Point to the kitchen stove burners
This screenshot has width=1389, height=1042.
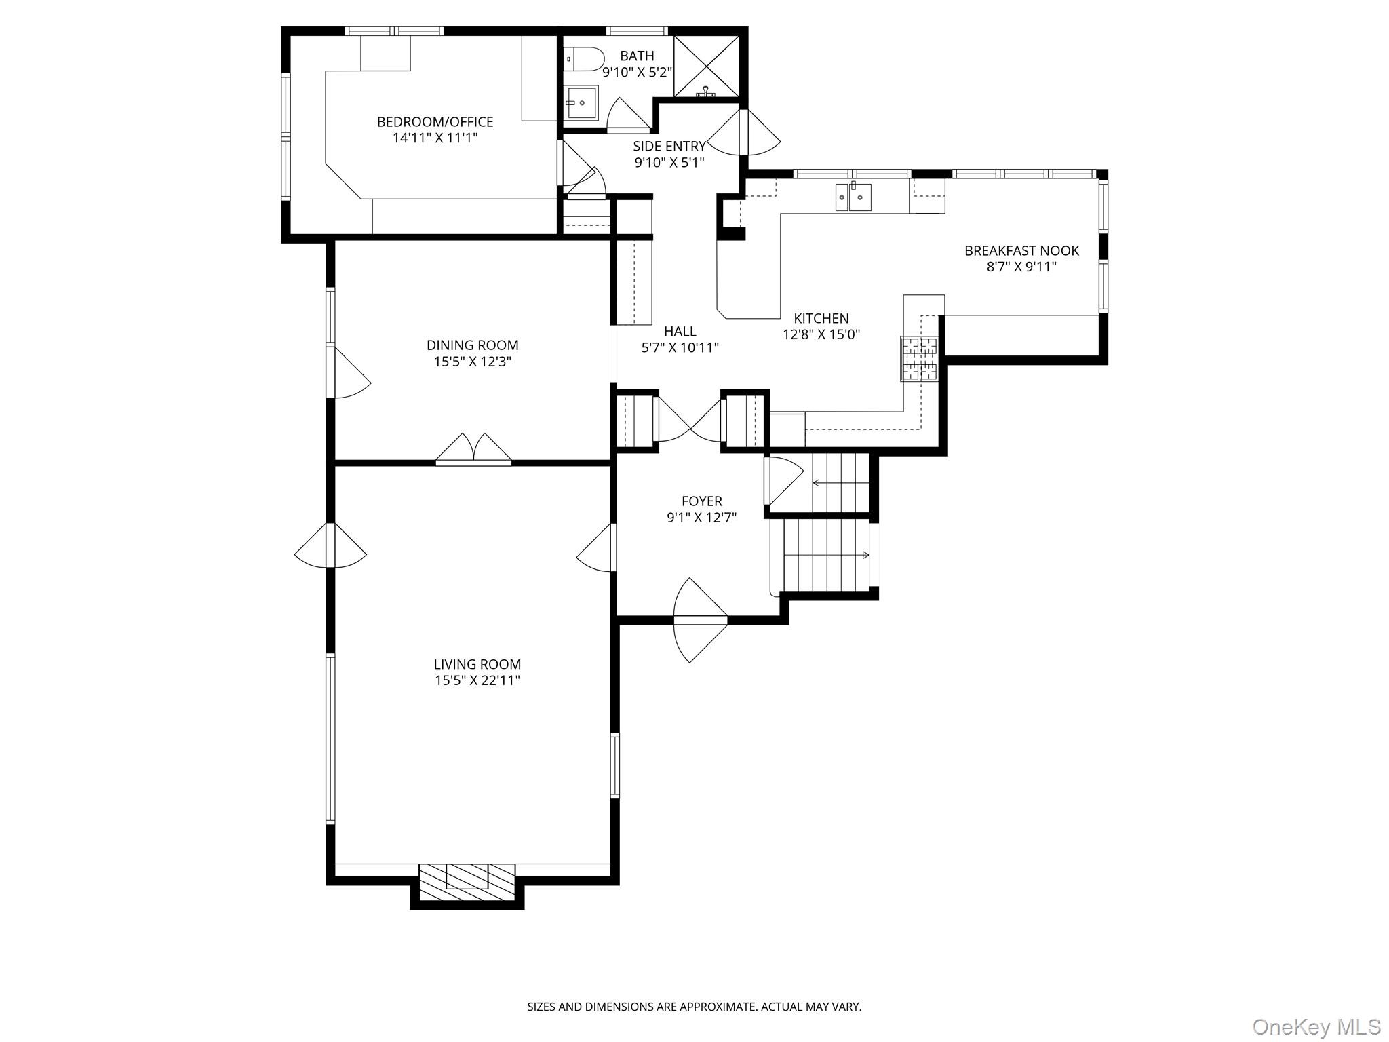919,358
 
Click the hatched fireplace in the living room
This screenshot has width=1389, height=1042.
467,885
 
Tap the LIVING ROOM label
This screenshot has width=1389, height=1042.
477,664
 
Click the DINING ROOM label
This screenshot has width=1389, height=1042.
472,345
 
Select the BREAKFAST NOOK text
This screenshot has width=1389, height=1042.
1021,250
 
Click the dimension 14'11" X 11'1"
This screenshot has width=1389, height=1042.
435,138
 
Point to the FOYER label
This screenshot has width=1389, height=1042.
701,501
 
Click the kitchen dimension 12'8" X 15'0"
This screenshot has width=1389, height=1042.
821,334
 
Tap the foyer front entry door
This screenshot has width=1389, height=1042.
700,619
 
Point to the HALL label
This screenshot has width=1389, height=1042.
680,331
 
